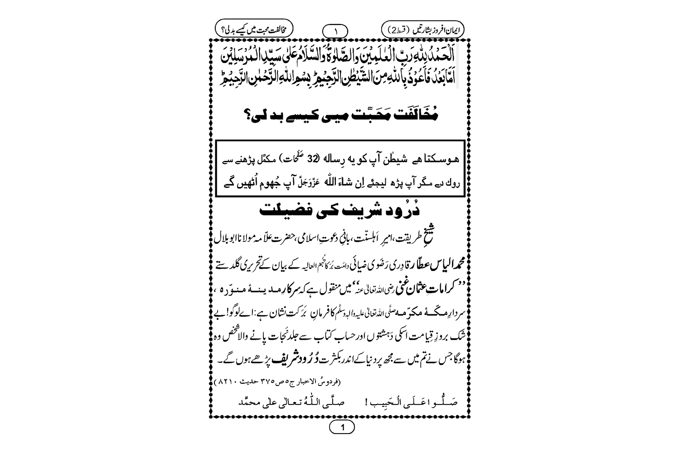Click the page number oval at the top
335,31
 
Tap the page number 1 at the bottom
342,427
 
